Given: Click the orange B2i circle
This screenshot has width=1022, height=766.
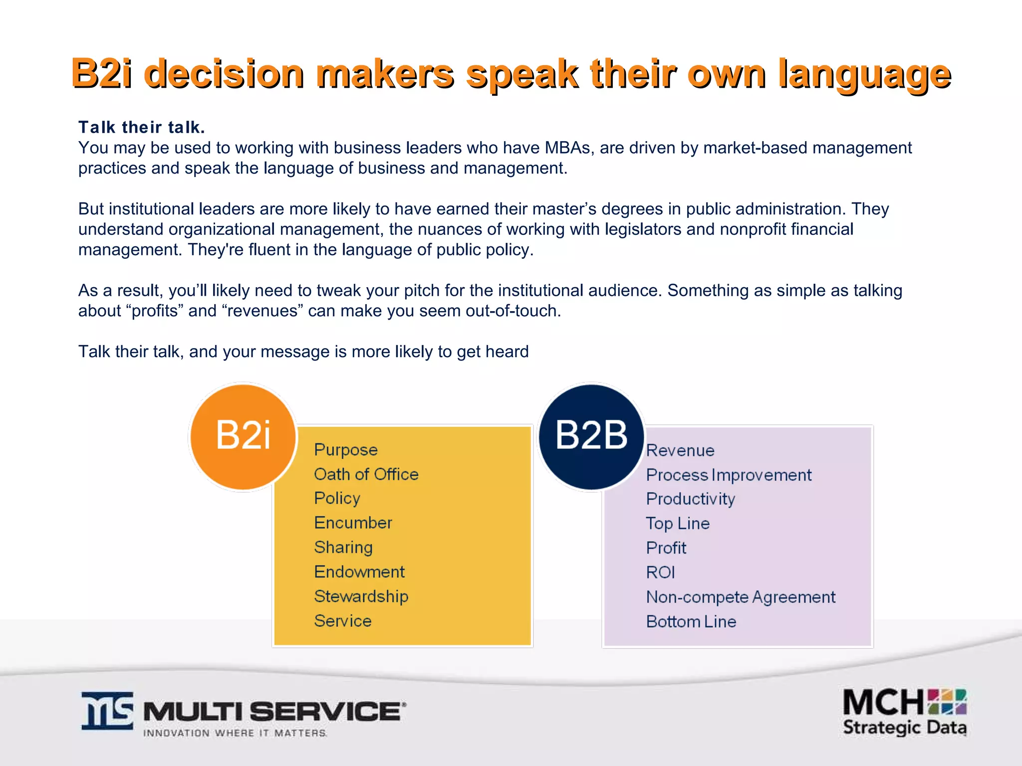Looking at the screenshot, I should click(x=244, y=437).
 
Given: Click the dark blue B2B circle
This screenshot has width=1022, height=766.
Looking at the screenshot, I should click(x=592, y=437).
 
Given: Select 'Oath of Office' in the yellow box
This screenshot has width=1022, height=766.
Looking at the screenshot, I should click(x=366, y=474).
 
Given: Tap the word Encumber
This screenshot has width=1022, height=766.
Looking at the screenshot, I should click(x=353, y=523).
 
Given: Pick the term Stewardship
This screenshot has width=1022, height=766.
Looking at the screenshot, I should click(x=361, y=596).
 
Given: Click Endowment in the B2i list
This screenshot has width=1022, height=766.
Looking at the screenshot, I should click(x=359, y=572).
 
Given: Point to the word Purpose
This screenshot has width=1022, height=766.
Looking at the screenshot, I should click(x=346, y=450).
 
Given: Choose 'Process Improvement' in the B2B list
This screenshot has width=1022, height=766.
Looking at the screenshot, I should click(x=729, y=475).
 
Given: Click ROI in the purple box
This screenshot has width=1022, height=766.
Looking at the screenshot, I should click(x=660, y=573).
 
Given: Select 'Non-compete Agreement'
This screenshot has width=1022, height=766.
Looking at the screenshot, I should click(x=741, y=597).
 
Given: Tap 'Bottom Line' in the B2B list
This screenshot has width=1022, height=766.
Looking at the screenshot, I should click(x=691, y=622).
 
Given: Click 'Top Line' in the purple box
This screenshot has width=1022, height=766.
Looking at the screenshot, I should click(x=678, y=524).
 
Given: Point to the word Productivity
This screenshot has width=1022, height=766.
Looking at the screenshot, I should click(x=691, y=499).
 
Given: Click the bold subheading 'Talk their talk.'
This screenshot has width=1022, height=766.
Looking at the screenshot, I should click(x=142, y=128).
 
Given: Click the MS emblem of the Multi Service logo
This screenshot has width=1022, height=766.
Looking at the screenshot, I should click(x=108, y=711).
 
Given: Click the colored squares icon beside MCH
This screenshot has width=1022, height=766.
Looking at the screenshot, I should click(x=947, y=702).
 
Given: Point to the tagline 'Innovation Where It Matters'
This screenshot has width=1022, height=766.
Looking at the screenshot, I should click(x=235, y=733).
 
